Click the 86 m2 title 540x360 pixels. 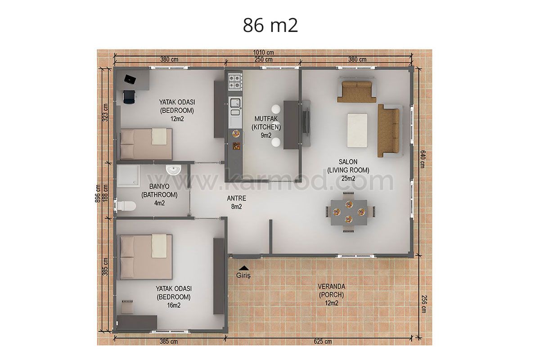pyautogui.click(x=270, y=25)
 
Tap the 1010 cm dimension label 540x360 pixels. pyautogui.click(x=263, y=52)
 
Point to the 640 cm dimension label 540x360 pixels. pyautogui.click(x=423, y=159)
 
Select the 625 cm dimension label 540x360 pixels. pyautogui.click(x=323, y=342)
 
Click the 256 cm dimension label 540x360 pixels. pyautogui.click(x=424, y=304)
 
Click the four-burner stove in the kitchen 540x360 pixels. pyautogui.click(x=235, y=81)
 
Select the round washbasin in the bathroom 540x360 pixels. pyautogui.click(x=174, y=170)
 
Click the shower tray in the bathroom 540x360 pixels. pyautogui.click(x=128, y=175)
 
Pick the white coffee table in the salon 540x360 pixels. pyautogui.click(x=357, y=130)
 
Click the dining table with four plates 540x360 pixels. pyautogui.click(x=349, y=212)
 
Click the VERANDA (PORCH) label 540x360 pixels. pyautogui.click(x=332, y=291)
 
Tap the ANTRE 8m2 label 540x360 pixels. pyautogui.click(x=237, y=202)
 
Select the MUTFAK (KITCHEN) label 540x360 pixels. pyautogui.click(x=266, y=123)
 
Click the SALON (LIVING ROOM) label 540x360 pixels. pyautogui.click(x=348, y=166)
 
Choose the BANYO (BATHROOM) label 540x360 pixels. pyautogui.click(x=159, y=190)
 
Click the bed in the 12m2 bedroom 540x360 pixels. pyautogui.click(x=146, y=144)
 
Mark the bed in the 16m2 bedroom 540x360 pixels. pyautogui.click(x=146, y=257)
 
